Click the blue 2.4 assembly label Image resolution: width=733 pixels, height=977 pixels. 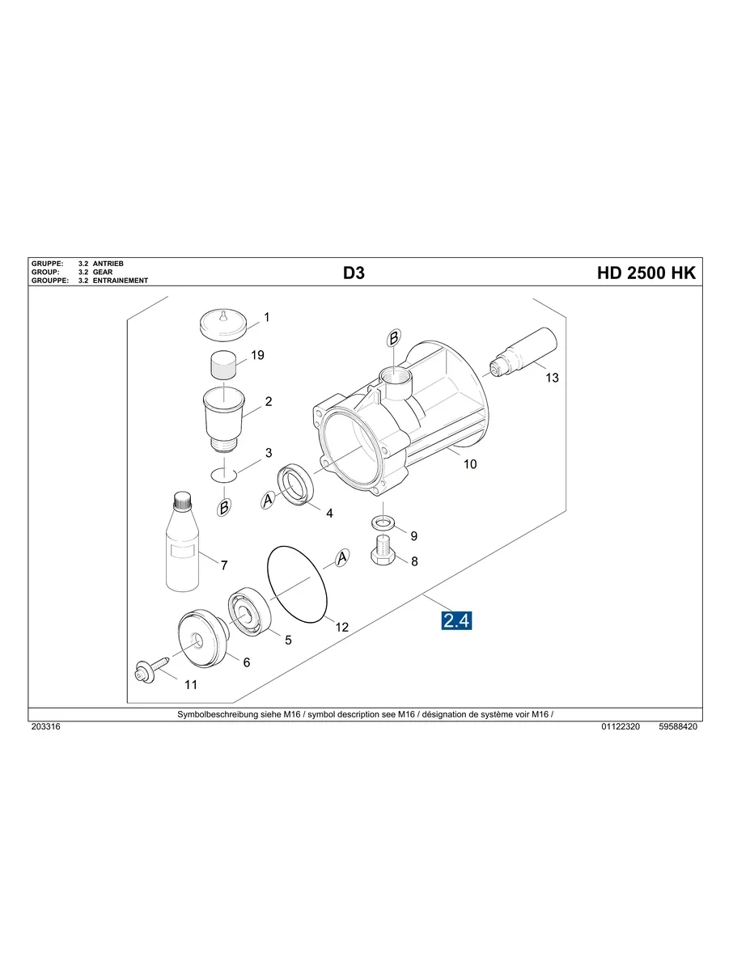click(456, 621)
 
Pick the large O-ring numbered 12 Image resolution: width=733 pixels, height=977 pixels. click(297, 583)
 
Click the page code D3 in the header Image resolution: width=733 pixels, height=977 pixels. click(354, 273)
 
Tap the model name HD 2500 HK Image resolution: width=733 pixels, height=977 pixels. click(646, 273)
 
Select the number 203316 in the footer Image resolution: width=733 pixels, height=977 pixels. click(45, 727)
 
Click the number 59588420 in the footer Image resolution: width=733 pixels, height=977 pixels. click(678, 727)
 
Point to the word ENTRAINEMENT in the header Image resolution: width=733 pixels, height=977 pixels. click(121, 281)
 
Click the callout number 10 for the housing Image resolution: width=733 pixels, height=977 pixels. click(469, 464)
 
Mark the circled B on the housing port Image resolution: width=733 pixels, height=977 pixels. click(393, 340)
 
